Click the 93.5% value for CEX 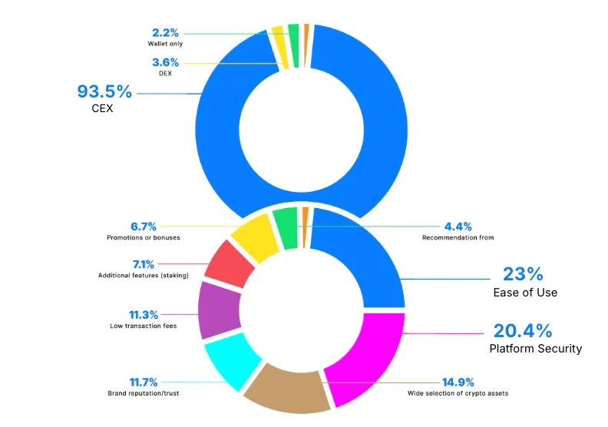(104, 91)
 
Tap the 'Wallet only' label (165, 43)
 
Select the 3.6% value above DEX (165, 62)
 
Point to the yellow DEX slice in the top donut (279, 37)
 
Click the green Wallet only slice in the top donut (293, 34)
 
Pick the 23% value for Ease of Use (523, 274)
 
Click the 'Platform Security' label (536, 349)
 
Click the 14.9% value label (458, 382)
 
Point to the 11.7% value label (144, 382)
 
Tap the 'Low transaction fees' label (144, 326)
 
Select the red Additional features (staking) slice (230, 263)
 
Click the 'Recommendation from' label (458, 238)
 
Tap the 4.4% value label (458, 227)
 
